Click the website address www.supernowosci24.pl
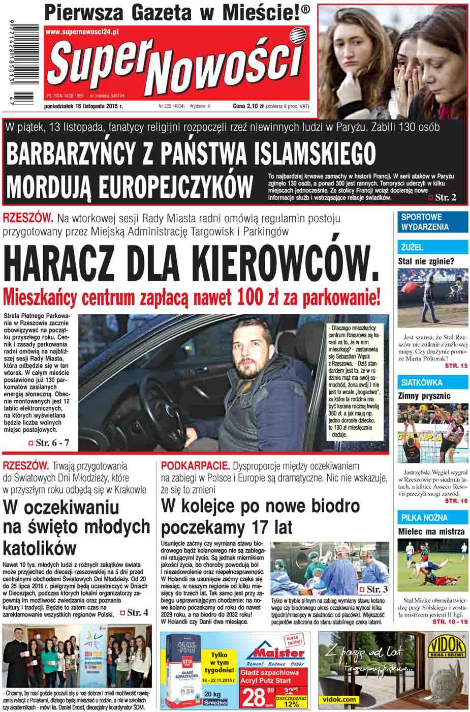click(x=82, y=32)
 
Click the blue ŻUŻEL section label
click(x=412, y=248)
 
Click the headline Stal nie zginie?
click(x=426, y=262)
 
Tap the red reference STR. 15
click(x=456, y=366)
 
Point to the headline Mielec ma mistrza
click(x=431, y=531)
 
